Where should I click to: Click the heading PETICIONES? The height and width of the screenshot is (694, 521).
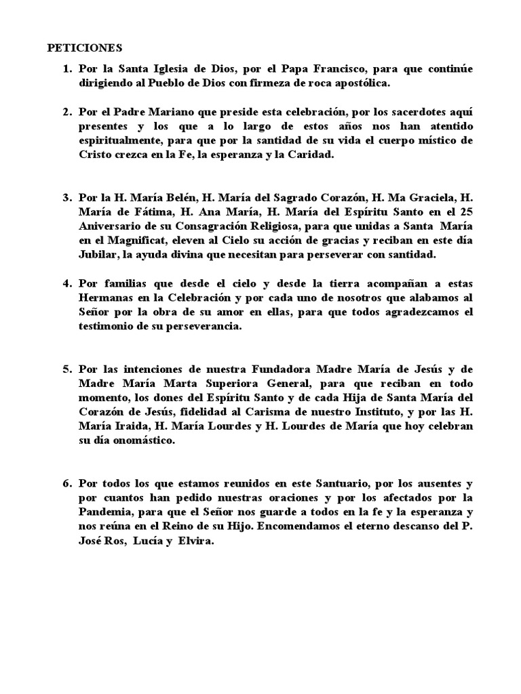pos(84,48)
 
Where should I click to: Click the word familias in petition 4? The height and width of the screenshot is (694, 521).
pos(123,283)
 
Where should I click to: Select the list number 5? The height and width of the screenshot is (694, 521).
pos(67,370)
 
